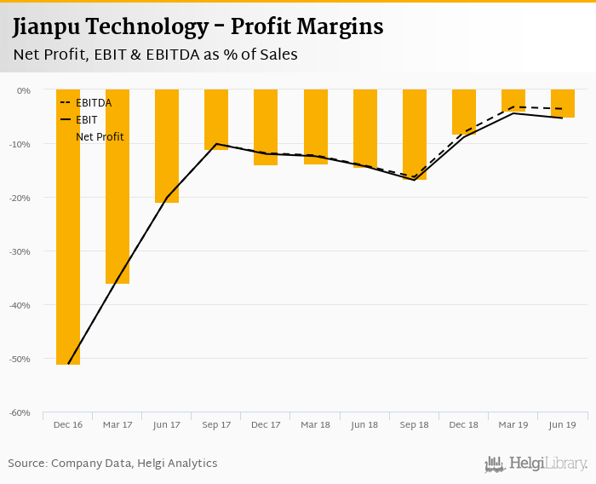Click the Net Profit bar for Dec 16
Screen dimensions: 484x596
(68, 227)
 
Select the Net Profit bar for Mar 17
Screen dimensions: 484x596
(117, 186)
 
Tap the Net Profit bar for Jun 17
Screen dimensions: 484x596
(167, 146)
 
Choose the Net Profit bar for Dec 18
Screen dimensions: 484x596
(464, 112)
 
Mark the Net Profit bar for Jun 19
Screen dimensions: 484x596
(563, 103)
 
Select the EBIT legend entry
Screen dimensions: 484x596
(86, 120)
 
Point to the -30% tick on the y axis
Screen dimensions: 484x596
(20, 251)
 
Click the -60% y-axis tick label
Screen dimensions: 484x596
(20, 413)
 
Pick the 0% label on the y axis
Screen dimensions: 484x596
(24, 90)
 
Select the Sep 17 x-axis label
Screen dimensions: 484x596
(216, 424)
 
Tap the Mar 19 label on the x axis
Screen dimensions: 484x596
(513, 424)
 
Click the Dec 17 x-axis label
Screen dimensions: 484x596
(266, 424)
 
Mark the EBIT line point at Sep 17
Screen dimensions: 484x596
(216, 144)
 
